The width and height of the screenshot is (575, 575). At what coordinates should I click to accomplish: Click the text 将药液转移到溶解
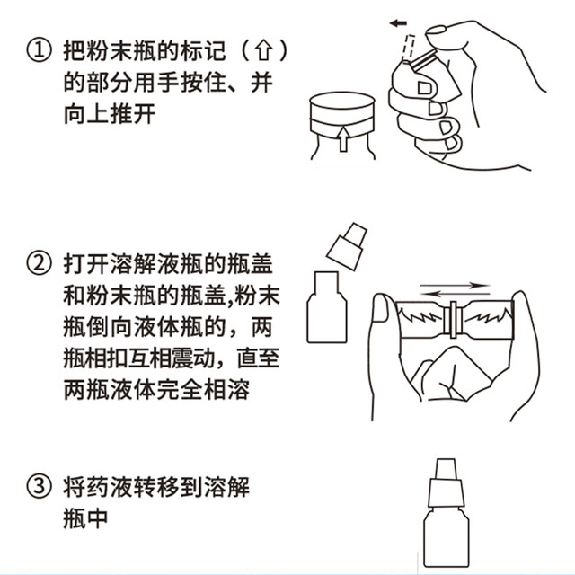[155, 487]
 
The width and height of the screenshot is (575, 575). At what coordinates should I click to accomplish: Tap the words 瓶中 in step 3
[86, 521]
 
